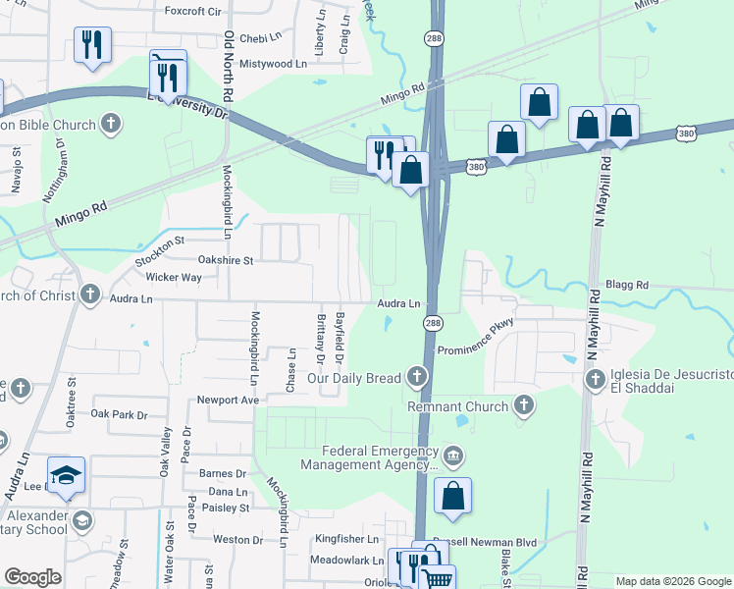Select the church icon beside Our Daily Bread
418,378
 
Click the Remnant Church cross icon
525,405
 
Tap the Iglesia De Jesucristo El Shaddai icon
595,379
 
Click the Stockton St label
160,241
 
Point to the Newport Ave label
228,400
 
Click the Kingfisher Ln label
345,539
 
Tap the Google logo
32,577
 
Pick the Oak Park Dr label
119,414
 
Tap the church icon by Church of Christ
90,294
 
